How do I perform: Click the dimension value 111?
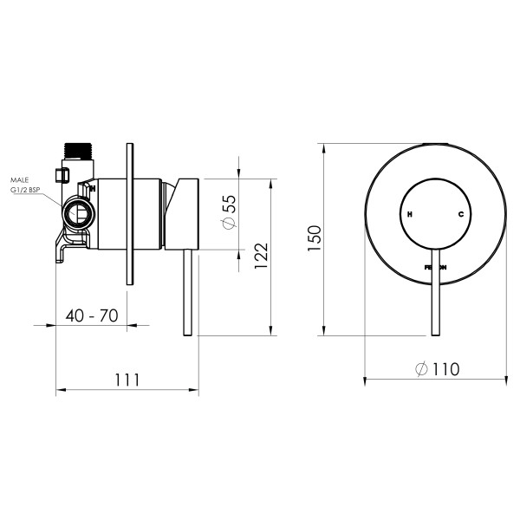127,380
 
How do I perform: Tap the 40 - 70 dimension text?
92,315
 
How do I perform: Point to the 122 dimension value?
261,258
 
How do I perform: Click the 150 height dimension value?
314,236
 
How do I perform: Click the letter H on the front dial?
410,213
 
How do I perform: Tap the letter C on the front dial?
461,213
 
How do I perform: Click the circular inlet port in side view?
78,214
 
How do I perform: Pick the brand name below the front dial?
436,268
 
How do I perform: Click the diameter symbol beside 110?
419,369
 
